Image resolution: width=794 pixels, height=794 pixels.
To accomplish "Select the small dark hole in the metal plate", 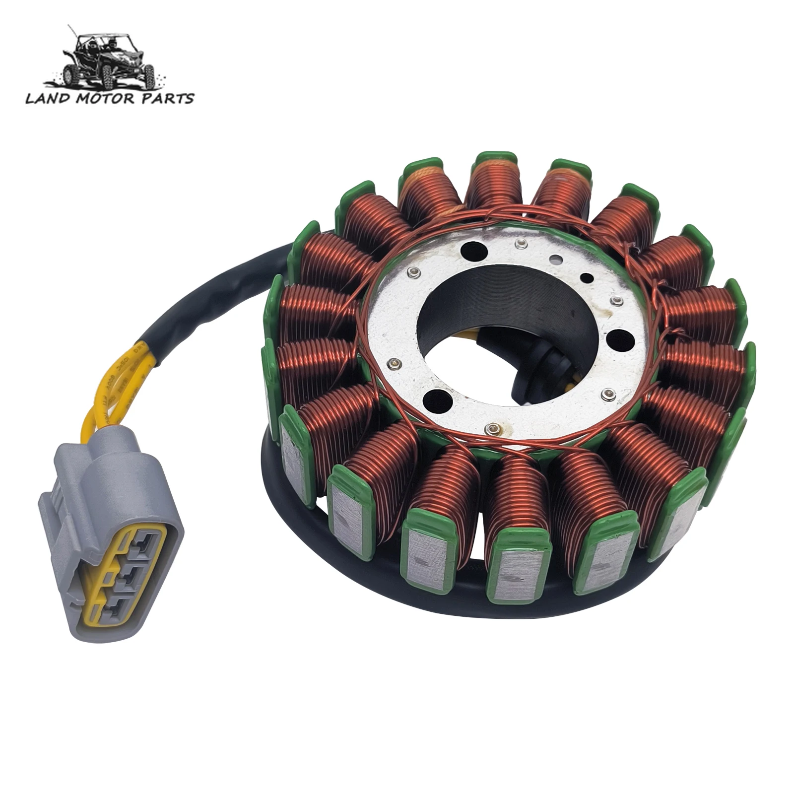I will pos(587,277).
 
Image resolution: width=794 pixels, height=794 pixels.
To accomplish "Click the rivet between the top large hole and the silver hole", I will pos(520,243).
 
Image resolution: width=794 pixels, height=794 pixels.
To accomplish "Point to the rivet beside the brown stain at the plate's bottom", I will pos(492,426).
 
